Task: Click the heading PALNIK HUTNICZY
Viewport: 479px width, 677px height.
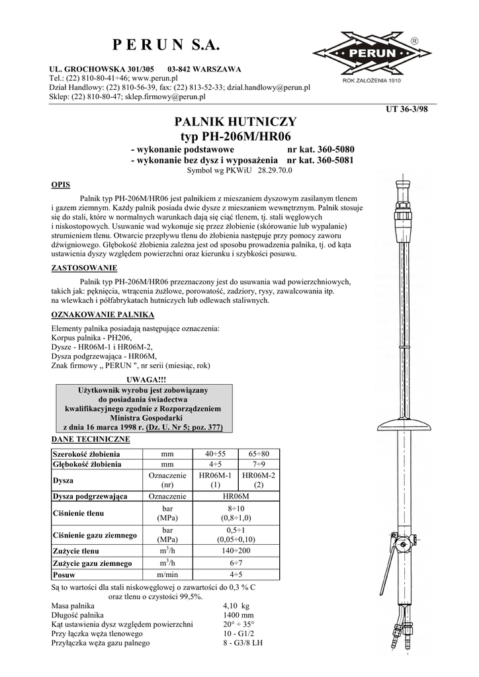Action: coord(235,122)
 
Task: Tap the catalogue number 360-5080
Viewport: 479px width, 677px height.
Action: coord(331,150)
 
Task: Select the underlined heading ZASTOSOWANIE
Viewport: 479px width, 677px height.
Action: coord(84,268)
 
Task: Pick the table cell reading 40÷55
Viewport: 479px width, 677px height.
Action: coord(215,454)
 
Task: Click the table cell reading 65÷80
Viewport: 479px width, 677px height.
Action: coord(259,454)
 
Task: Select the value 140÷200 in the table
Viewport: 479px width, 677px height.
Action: coord(236,551)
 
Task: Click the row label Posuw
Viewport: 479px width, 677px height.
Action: coord(64,575)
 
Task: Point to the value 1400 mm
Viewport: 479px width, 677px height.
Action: coord(238,615)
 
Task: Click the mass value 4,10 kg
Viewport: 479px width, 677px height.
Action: coord(236,606)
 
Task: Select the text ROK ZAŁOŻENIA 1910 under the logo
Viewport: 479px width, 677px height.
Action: coord(372,81)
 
